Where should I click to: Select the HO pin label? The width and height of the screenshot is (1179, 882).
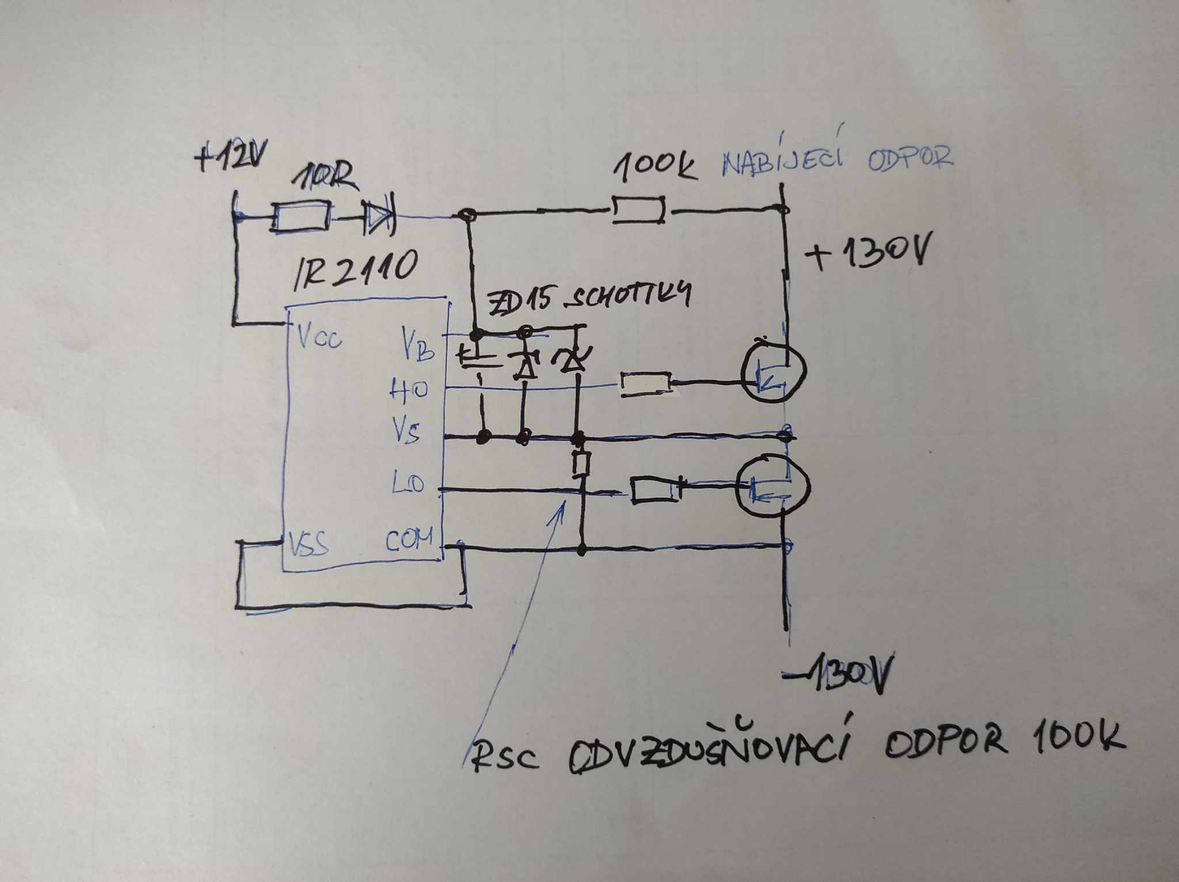click(x=409, y=391)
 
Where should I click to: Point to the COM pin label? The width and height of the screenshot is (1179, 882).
click(x=409, y=541)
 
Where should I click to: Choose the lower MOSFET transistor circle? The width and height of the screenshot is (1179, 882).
click(x=773, y=486)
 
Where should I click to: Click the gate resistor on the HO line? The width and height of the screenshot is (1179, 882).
click(x=645, y=383)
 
